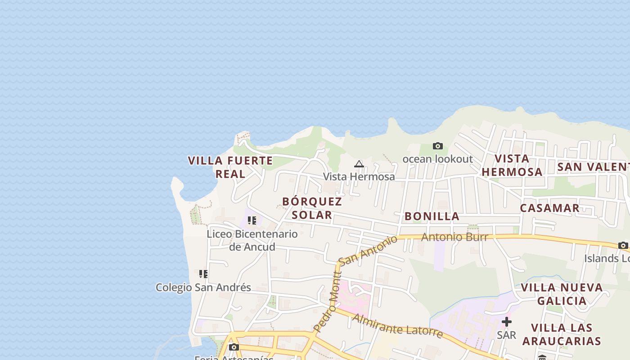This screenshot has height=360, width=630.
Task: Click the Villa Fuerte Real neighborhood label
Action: (x=230, y=167)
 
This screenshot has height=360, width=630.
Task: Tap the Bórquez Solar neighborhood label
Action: (x=312, y=208)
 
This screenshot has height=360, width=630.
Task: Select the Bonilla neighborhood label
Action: (x=432, y=216)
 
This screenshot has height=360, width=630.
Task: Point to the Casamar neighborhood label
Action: (x=549, y=208)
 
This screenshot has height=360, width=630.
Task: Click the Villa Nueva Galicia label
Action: (x=562, y=294)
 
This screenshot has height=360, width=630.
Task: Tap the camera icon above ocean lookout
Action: (x=437, y=146)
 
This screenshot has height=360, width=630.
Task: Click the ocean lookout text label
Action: (x=437, y=159)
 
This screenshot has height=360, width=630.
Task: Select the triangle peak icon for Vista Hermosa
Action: (x=359, y=164)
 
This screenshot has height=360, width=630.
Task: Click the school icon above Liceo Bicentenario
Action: (x=252, y=220)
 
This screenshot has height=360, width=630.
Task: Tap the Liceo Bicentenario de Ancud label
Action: (x=252, y=240)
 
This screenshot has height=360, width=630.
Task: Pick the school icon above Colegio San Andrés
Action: (x=203, y=274)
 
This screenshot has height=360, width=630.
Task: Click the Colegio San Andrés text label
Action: (x=203, y=287)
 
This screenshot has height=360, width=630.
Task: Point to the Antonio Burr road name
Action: (x=454, y=237)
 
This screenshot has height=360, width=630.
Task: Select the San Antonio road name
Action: (x=368, y=250)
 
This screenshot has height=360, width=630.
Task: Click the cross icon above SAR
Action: (x=506, y=322)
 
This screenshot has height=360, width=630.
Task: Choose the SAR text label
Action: (x=506, y=335)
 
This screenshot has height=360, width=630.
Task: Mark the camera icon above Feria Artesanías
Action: (x=234, y=347)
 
